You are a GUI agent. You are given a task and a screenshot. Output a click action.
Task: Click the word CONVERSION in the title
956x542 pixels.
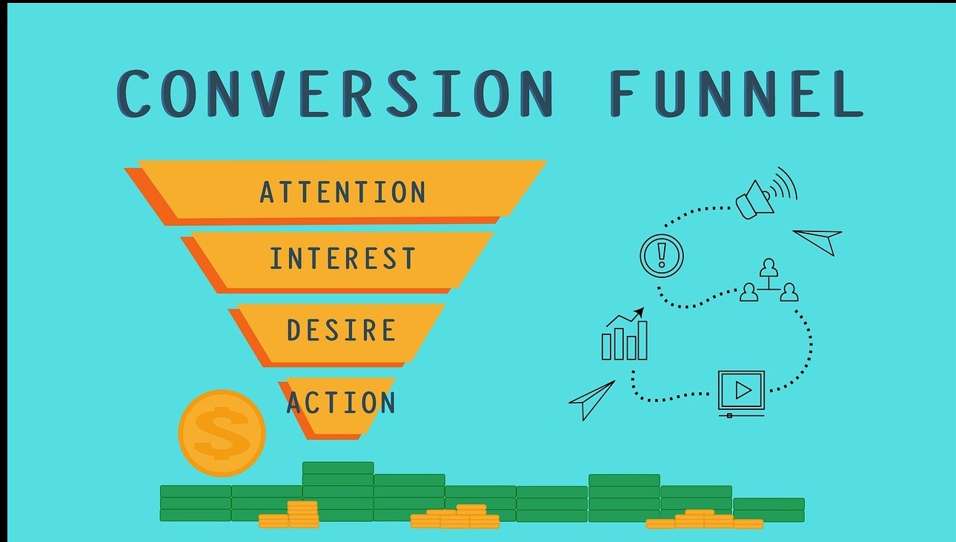pos(336,93)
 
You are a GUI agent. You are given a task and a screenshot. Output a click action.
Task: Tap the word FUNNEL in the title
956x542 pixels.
pos(737,93)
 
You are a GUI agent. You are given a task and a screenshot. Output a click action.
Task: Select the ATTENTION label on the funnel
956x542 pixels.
pos(342,192)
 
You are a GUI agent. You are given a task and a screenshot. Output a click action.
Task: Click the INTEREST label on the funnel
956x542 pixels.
pos(342,258)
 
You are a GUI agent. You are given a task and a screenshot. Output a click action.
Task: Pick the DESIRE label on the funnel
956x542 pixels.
pos(342,330)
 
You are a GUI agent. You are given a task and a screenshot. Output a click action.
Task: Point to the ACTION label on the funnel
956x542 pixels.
pos(342,402)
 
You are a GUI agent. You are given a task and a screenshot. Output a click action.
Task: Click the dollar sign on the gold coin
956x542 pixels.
pos(222,433)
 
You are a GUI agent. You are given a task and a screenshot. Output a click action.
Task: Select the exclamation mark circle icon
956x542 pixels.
pos(662,256)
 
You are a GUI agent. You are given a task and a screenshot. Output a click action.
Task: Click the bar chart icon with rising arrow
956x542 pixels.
pos(625,334)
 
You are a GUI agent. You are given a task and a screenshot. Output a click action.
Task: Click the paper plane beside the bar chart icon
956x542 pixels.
pos(591,400)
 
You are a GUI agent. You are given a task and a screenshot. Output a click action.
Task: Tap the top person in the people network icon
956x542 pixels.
pos(769,268)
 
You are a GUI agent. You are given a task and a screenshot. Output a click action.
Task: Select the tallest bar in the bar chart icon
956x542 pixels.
pos(643,341)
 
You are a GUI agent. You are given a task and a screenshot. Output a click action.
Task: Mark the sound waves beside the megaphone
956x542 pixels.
pos(786,184)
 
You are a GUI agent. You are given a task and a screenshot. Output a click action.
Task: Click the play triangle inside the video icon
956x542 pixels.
pos(743,389)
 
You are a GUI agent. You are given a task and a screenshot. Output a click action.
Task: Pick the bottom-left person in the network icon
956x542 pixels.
pos(748,292)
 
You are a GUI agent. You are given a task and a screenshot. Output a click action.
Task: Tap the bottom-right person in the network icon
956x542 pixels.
pos(789,292)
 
